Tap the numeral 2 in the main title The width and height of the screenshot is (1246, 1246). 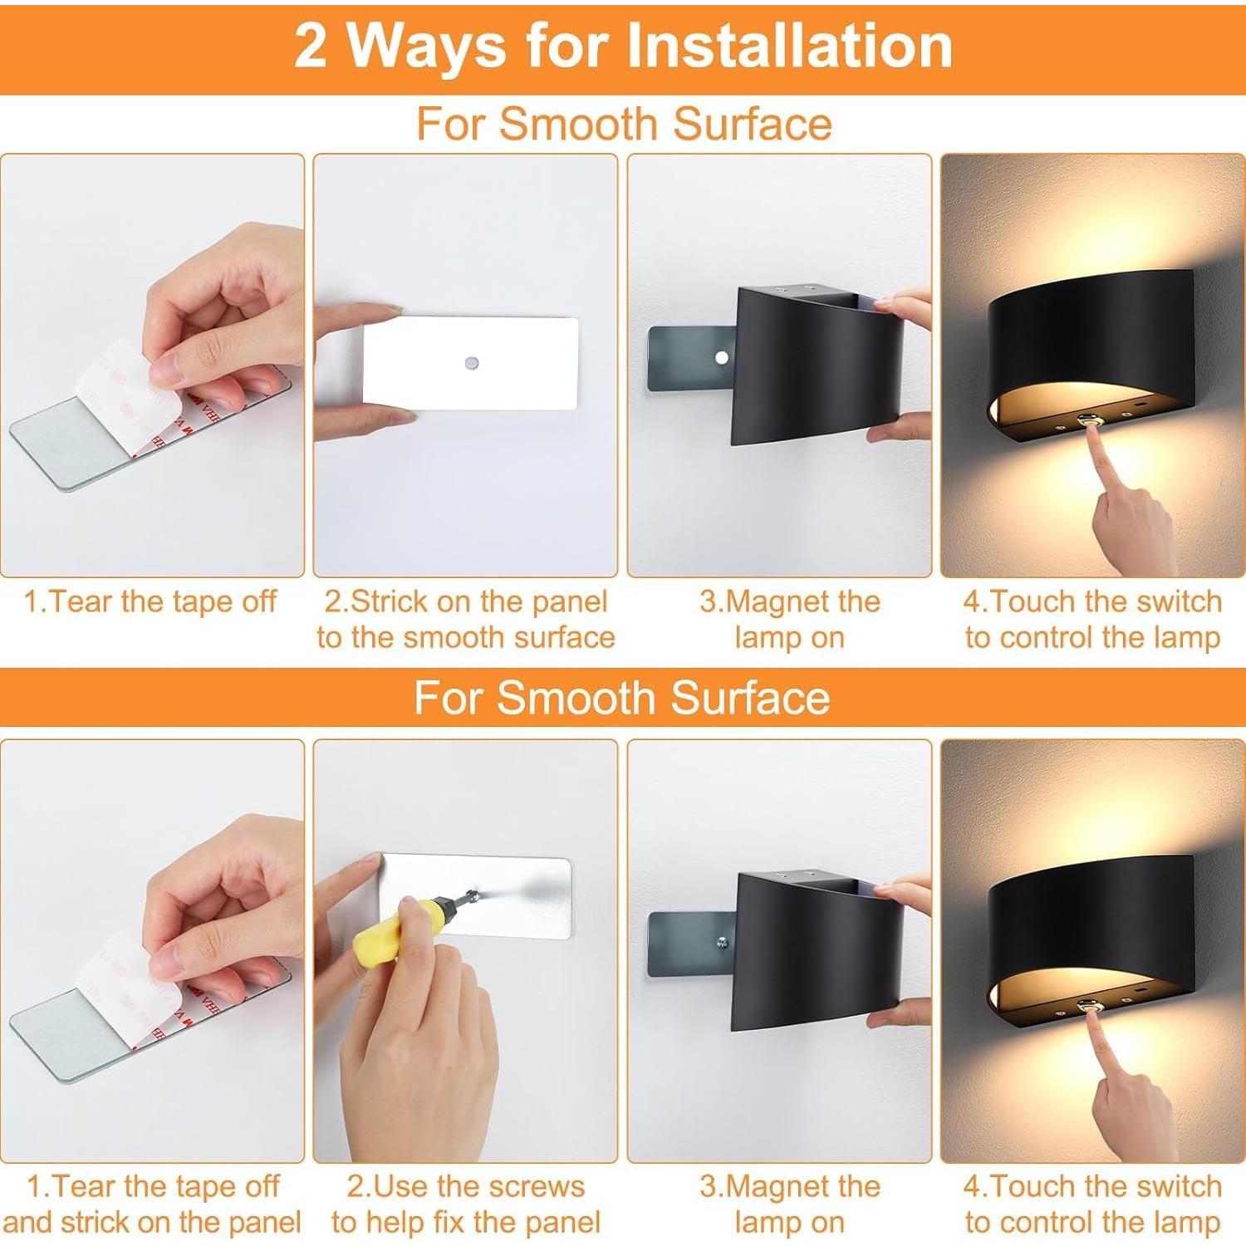310,47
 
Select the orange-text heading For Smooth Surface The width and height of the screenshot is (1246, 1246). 623,124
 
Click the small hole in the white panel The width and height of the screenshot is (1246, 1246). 471,363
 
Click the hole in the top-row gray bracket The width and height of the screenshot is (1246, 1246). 721,358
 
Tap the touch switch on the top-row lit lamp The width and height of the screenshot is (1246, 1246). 1087,423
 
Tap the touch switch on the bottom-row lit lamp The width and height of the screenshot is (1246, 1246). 1087,1006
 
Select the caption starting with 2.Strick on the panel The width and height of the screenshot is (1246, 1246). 465,619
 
